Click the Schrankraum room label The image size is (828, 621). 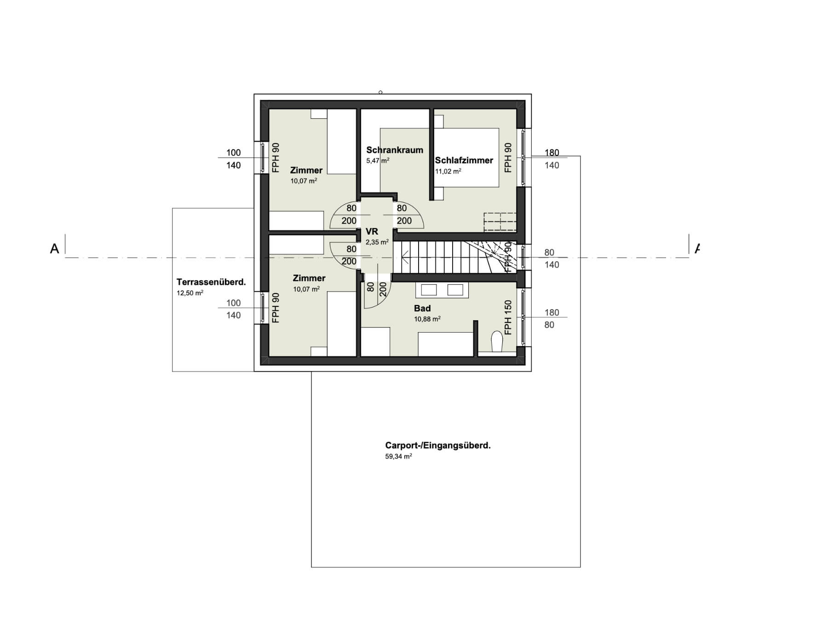[x=395, y=150]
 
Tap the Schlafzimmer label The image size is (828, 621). [x=464, y=160]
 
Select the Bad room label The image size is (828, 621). [x=422, y=308]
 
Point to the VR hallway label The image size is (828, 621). [x=372, y=231]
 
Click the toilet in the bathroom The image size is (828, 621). [x=496, y=342]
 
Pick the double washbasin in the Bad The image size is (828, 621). [x=442, y=290]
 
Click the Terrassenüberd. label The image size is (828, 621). [x=211, y=282]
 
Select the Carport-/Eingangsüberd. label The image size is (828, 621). [x=438, y=445]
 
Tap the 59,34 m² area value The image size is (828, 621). [x=398, y=457]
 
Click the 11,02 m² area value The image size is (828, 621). [x=448, y=171]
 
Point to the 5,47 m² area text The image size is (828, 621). [x=378, y=161]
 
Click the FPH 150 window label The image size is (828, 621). [x=508, y=317]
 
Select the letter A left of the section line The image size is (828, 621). [x=54, y=249]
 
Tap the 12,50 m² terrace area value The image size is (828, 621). [x=190, y=293]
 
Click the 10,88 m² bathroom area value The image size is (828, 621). [x=427, y=319]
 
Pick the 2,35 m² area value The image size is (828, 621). [x=377, y=242]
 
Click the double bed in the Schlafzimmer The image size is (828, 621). [x=466, y=157]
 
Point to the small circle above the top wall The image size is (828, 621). [x=380, y=92]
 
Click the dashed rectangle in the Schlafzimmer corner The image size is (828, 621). [x=500, y=222]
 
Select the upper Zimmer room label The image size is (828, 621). [x=306, y=170]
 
